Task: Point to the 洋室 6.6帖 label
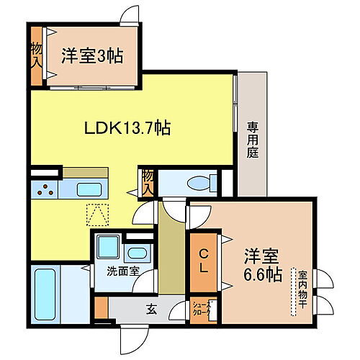(x=261, y=264)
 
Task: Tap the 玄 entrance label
(x=152, y=310)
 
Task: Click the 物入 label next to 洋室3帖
(x=35, y=57)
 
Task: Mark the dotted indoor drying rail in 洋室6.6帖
(x=293, y=292)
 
